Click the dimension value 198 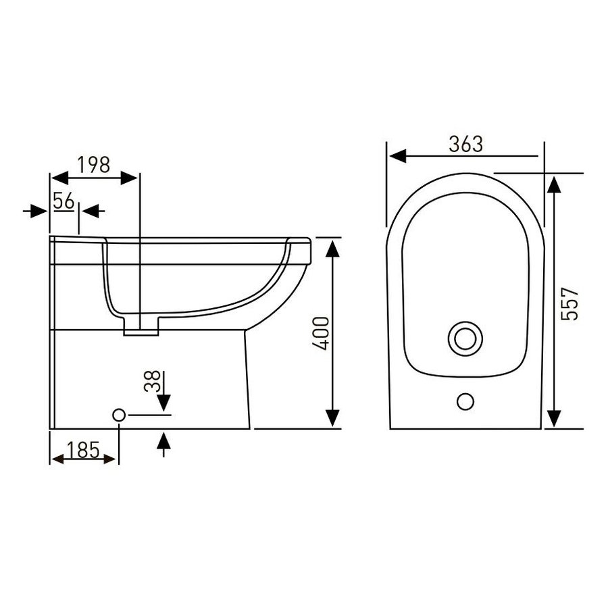(x=94, y=165)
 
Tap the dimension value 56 (x=64, y=201)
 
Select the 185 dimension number (x=83, y=450)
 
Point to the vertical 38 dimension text (x=152, y=381)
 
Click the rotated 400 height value (x=321, y=334)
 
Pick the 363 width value (x=466, y=145)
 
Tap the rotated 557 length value (x=570, y=303)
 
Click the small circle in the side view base (x=119, y=415)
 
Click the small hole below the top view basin (x=465, y=401)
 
